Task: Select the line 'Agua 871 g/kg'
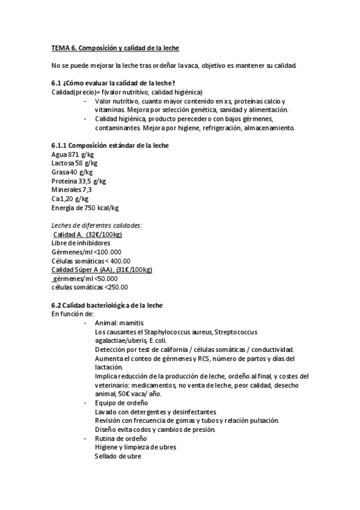click(69, 155)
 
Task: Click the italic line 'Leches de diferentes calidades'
click(97, 226)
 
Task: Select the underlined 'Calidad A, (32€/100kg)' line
click(88, 234)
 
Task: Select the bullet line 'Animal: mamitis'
click(119, 323)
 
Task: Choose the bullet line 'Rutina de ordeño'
click(121, 438)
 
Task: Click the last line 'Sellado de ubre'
click(118, 456)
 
